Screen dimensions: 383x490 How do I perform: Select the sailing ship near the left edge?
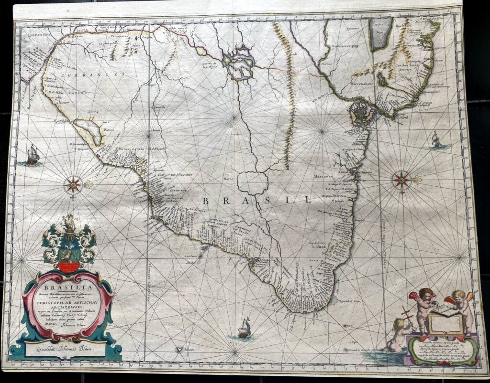pyautogui.click(x=32, y=156)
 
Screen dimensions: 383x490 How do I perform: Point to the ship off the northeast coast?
pyautogui.click(x=436, y=139)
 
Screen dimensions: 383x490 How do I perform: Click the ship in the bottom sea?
pyautogui.click(x=244, y=329)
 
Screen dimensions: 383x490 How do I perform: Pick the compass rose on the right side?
pyautogui.click(x=401, y=180)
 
